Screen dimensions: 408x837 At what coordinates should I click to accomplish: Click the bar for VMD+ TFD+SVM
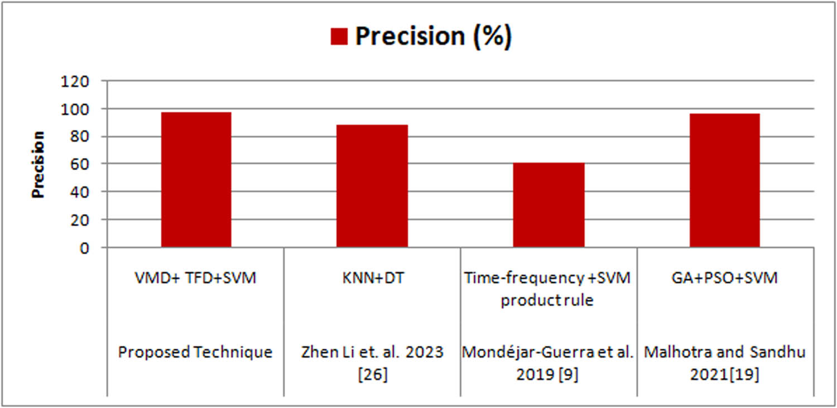[x=196, y=179]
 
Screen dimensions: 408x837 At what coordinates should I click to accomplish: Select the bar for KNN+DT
[x=372, y=186]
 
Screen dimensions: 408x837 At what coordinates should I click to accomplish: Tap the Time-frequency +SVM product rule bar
[x=549, y=205]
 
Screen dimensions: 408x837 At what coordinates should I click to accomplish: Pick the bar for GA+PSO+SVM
[x=724, y=180]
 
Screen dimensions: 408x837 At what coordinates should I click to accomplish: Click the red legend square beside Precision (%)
[x=339, y=37]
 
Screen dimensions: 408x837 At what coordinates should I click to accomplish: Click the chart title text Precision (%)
[x=433, y=37]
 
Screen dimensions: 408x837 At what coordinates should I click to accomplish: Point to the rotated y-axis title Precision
[x=38, y=165]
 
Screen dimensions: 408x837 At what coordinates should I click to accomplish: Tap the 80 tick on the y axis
[x=80, y=137]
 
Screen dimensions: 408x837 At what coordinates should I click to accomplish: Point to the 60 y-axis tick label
[x=80, y=164]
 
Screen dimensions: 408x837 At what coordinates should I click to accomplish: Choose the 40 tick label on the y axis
[x=80, y=192]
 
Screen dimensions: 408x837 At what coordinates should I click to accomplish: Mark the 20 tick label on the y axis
[x=80, y=220]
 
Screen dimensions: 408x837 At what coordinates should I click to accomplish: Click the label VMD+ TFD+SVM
[x=196, y=277]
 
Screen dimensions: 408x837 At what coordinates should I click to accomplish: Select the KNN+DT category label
[x=372, y=277]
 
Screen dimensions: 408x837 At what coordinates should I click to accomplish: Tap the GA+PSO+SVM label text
[x=725, y=277]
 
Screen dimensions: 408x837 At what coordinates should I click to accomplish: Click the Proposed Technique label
[x=195, y=353]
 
